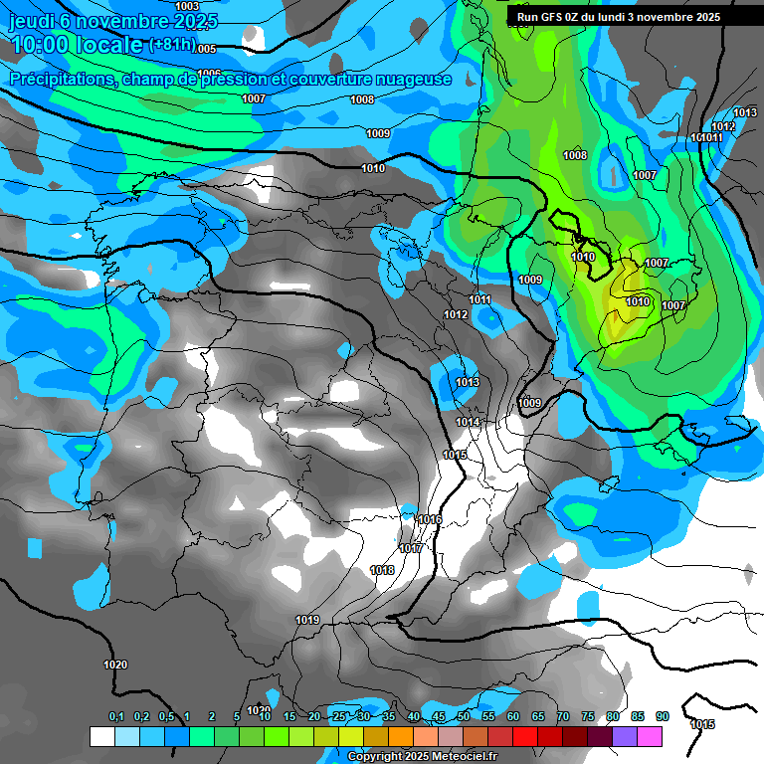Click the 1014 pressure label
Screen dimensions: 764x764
[468, 422]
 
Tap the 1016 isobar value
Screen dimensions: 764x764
[430, 519]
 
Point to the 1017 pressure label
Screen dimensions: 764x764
[410, 549]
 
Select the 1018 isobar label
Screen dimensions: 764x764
[381, 570]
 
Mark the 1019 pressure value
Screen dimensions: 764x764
[307, 621]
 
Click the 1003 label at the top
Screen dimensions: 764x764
[187, 7]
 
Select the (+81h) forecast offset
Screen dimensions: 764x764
[171, 45]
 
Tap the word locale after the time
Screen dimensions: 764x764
[112, 46]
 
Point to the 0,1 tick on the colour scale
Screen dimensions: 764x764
[116, 716]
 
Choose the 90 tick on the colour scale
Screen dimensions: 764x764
[663, 716]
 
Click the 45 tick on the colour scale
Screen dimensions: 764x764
[439, 716]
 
